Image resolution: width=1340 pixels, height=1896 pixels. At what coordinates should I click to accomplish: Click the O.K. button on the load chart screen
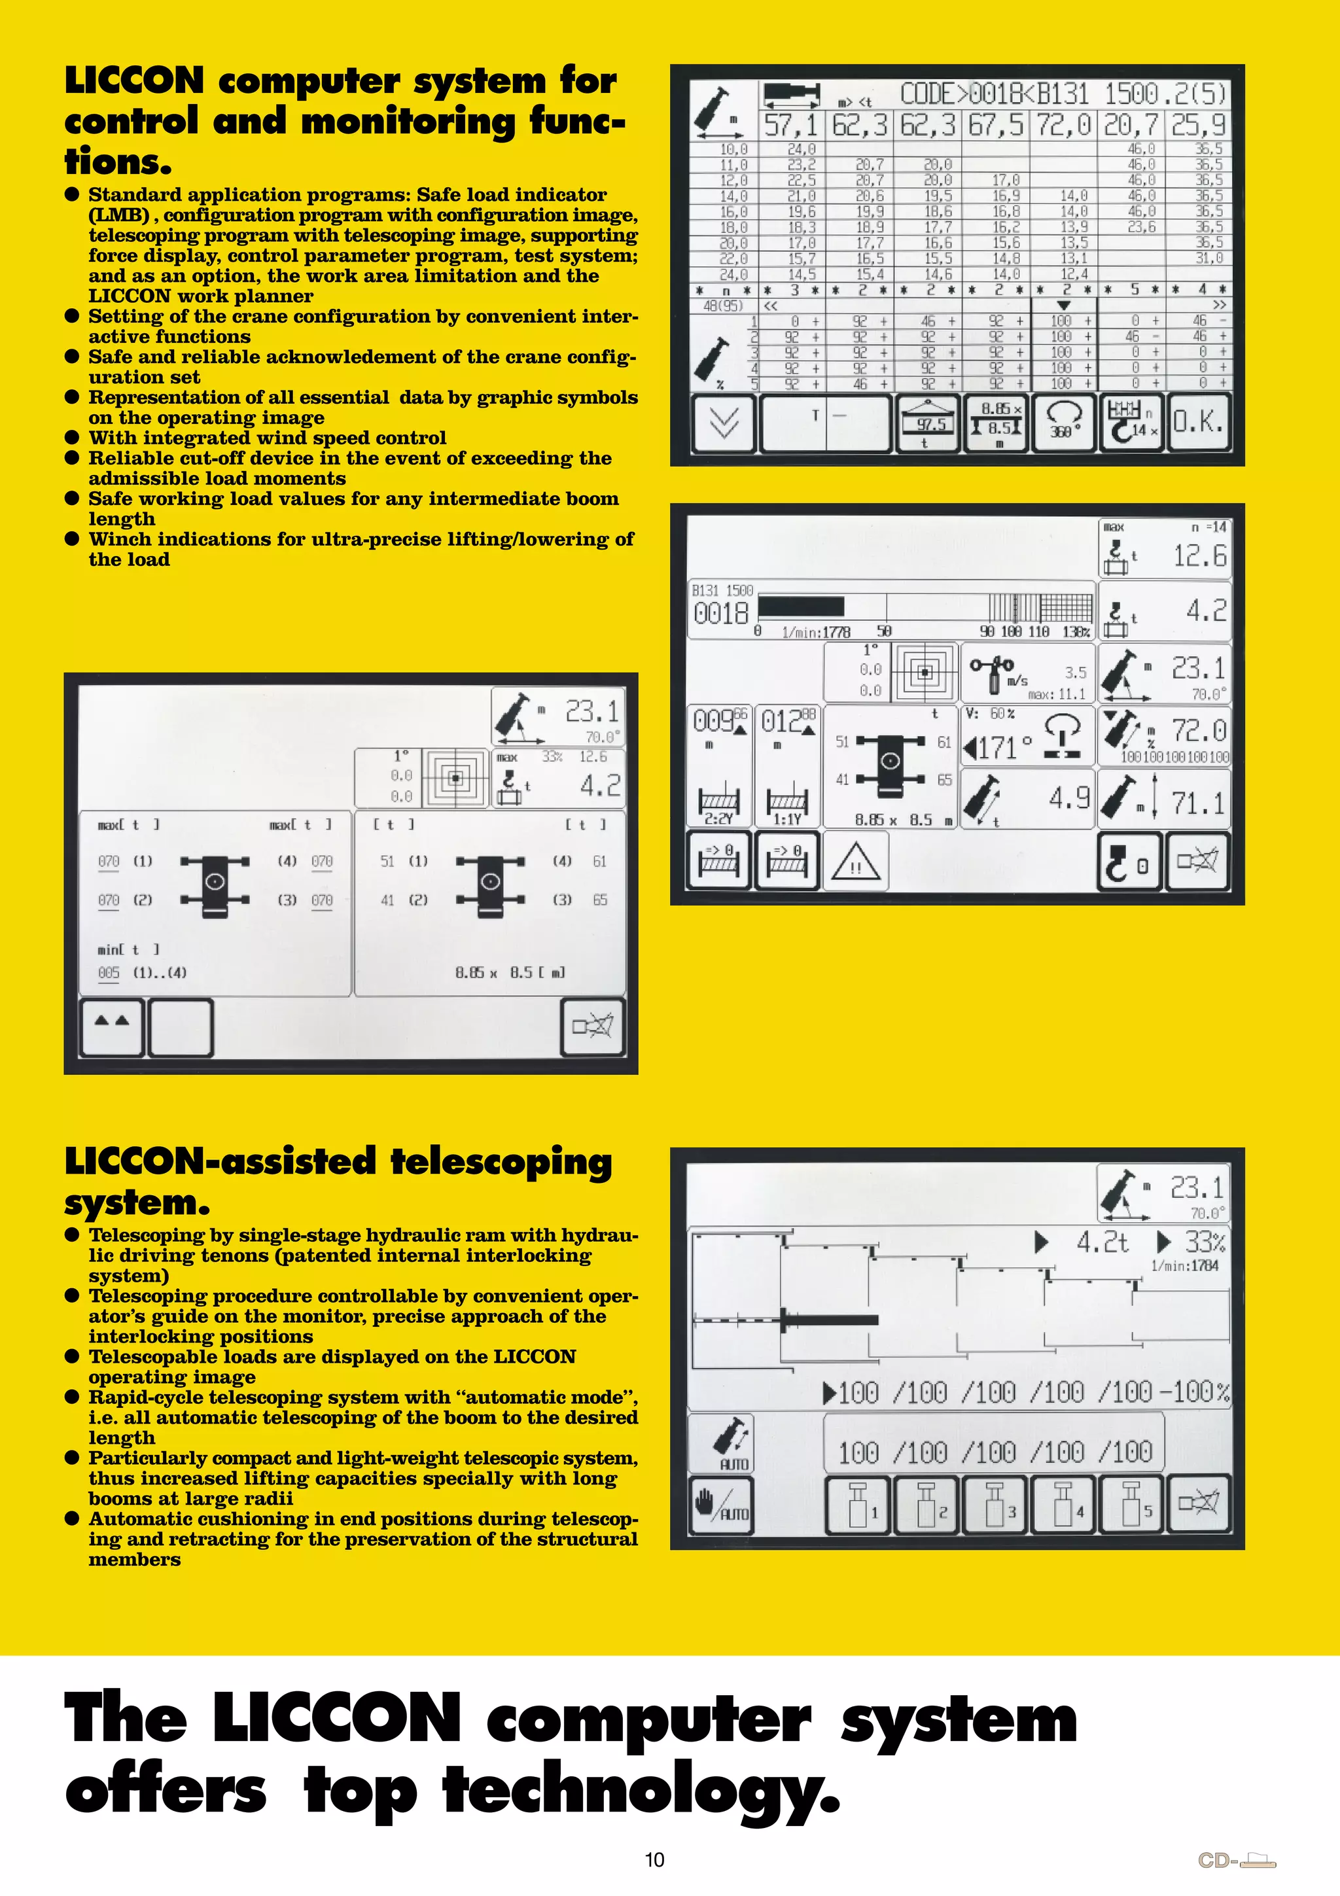coord(1198,423)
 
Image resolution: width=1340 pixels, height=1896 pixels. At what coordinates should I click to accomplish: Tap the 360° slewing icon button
coord(1063,423)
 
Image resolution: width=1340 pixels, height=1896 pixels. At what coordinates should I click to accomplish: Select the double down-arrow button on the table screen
coord(724,423)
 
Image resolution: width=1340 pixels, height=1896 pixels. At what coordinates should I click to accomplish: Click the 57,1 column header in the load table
coord(791,126)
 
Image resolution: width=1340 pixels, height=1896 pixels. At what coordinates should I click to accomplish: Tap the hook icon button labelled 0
coord(1129,861)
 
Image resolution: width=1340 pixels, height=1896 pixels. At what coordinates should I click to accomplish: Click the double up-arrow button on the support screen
coord(113,1027)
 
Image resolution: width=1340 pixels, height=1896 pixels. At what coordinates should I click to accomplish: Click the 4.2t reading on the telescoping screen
coord(1101,1242)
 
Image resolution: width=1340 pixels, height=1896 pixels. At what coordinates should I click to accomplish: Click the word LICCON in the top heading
coord(133,81)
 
